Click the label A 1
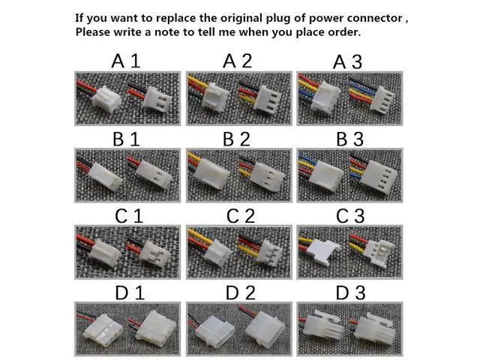tap(126, 61)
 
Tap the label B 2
tap(236, 139)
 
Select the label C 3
tap(350, 216)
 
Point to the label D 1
tap(130, 293)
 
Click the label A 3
tap(347, 62)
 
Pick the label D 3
tap(350, 293)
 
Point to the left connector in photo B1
tap(106, 176)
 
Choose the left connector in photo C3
tap(320, 251)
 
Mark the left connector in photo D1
tap(103, 330)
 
